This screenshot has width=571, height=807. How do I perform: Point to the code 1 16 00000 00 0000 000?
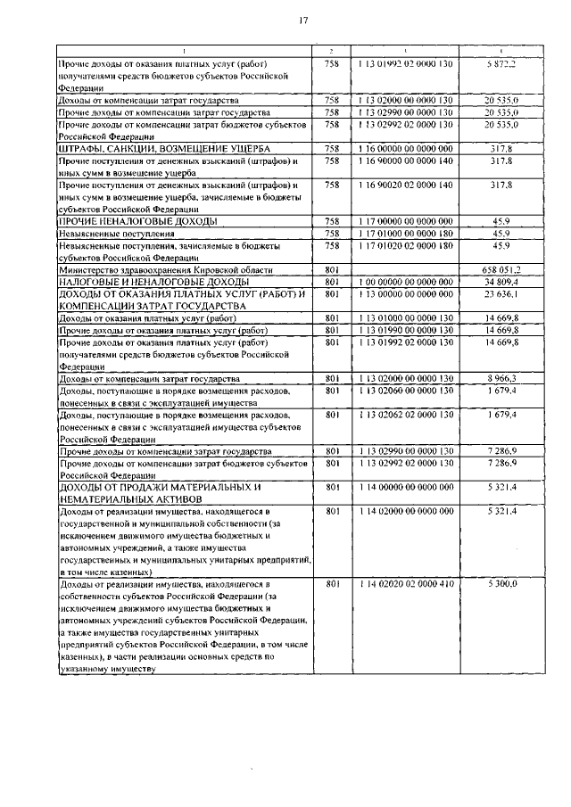tap(405, 148)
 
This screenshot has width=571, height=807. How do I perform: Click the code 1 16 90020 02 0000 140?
tap(405, 185)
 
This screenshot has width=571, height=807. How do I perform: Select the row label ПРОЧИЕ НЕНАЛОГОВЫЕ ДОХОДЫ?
tap(139, 220)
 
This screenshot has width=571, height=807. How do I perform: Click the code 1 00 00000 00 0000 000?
tap(405, 281)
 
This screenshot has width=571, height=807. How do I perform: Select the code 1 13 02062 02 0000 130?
tap(405, 415)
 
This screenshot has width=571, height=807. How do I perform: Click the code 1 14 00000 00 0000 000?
tap(405, 487)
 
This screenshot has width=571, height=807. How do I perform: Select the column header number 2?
tap(332, 51)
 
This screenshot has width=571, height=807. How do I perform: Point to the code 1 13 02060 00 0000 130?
tap(405, 391)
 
